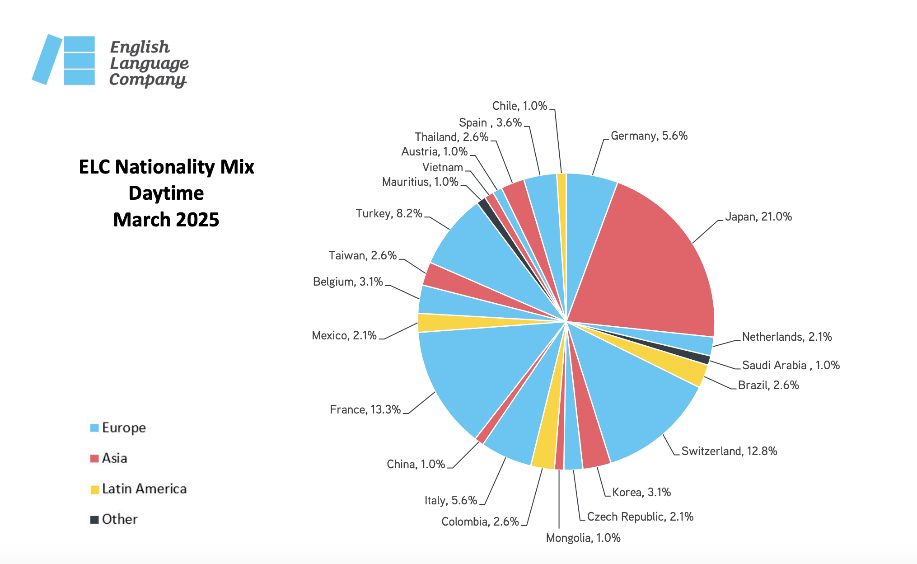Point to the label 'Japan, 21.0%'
pos(758,217)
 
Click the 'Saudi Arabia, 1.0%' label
pos(791,365)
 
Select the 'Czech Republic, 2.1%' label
pos(640,517)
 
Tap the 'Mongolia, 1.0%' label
pos(583,538)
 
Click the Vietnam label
pos(443,168)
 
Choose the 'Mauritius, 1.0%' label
pos(420,182)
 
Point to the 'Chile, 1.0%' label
pos(519,106)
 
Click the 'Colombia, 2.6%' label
pos(480,522)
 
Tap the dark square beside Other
pos(94,520)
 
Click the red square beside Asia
pos(94,459)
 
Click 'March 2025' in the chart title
pos(166,220)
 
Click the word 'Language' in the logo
pos(149,63)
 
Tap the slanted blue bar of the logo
pos(47,59)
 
